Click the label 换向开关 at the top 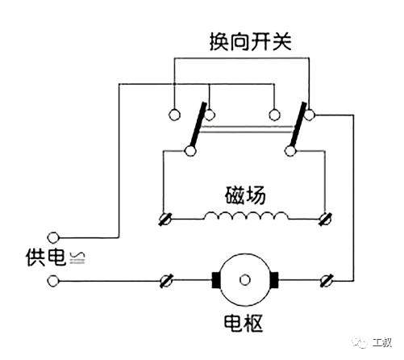[251, 42]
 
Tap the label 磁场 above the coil [245, 195]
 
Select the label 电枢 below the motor [244, 323]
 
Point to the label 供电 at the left [46, 257]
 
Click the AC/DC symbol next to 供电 [77, 257]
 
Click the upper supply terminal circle [53, 237]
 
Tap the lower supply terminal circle [53, 281]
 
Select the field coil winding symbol [246, 216]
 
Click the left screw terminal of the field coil [165, 219]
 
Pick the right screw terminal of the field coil [325, 219]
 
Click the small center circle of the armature [244, 280]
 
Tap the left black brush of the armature [216, 280]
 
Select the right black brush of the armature [274, 280]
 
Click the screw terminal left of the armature [166, 281]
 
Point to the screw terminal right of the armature [327, 281]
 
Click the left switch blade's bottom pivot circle [190, 151]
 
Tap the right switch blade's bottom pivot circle [290, 151]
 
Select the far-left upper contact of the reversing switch [174, 115]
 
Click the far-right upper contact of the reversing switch [310, 115]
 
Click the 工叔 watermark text [381, 342]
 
